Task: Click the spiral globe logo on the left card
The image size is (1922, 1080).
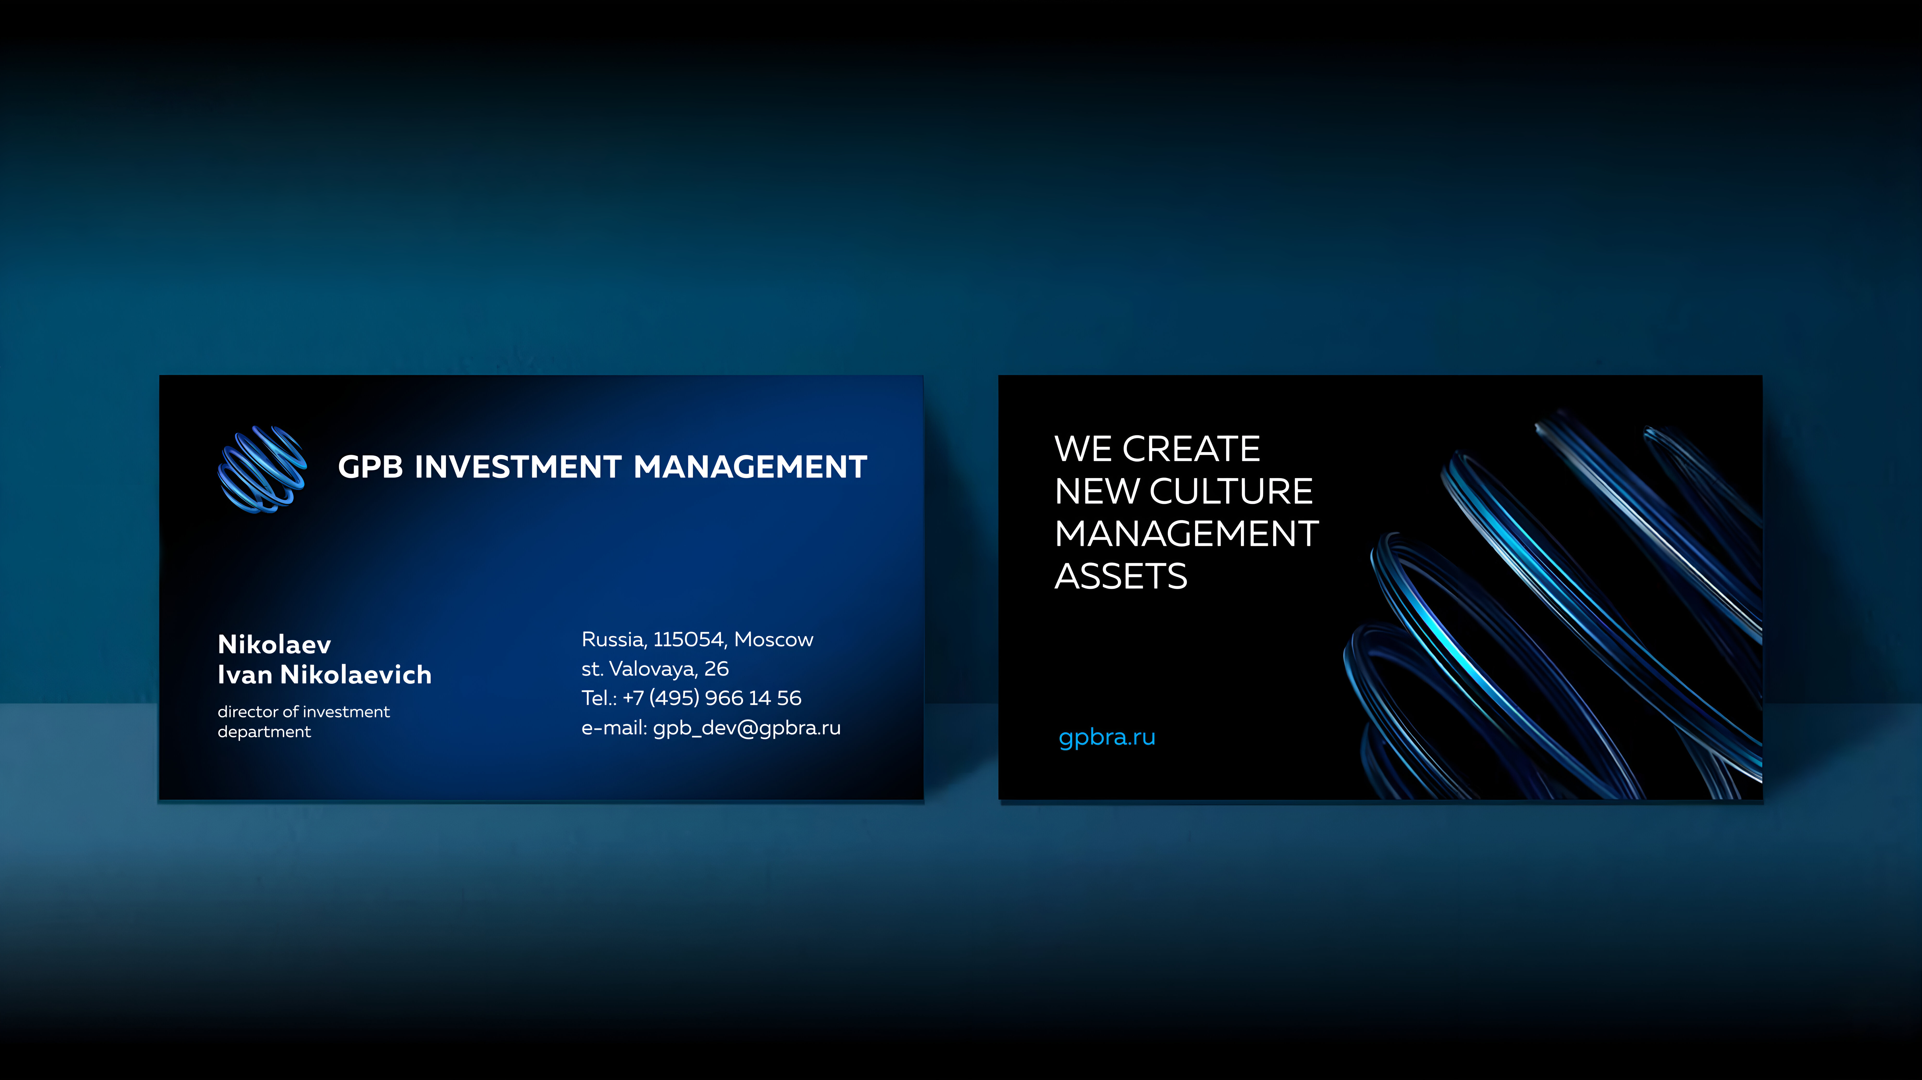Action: (x=262, y=469)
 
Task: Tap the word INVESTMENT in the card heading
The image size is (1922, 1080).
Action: (x=518, y=467)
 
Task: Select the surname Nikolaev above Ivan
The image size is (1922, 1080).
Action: (x=274, y=644)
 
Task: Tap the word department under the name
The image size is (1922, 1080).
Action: (x=264, y=733)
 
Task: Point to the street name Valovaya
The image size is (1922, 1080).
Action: (x=654, y=669)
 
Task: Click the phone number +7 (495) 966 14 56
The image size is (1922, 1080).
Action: (x=712, y=698)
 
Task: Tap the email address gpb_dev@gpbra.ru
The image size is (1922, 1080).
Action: (x=747, y=728)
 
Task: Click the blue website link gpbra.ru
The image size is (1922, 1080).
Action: (x=1107, y=738)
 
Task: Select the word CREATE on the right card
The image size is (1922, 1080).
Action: (x=1192, y=449)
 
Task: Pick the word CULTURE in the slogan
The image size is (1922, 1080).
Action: (x=1231, y=492)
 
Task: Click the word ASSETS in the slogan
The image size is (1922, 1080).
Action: (x=1121, y=577)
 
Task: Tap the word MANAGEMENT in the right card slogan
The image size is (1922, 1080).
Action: (x=1186, y=534)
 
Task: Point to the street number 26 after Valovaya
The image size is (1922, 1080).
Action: (x=716, y=669)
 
